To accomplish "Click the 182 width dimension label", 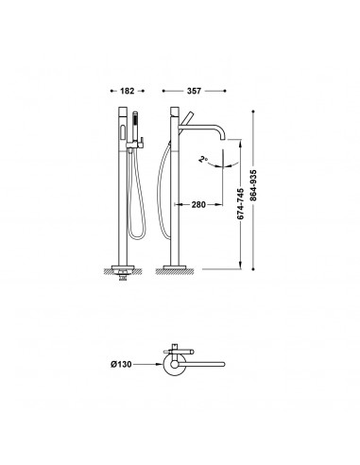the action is (x=128, y=91).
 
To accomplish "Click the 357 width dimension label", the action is (x=194, y=91).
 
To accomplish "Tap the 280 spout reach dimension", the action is (x=198, y=205).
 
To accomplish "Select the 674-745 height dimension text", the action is (x=240, y=204).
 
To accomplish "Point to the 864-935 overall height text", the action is (x=253, y=185).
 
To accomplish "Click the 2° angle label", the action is (x=202, y=160).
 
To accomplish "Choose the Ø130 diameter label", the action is (x=121, y=364).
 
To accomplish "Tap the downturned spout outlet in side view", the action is (x=223, y=138).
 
